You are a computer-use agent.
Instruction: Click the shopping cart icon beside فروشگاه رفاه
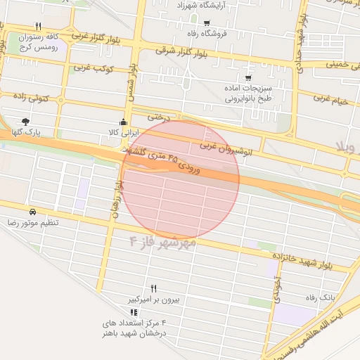coord(206,22)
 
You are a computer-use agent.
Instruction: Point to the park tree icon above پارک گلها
coord(26,122)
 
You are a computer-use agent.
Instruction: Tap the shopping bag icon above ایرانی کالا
coord(124,122)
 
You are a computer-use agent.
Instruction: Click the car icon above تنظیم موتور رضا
coord(33,212)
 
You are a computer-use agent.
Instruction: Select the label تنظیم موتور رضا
coord(33,222)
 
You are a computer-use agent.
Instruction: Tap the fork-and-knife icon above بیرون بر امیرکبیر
coord(154,288)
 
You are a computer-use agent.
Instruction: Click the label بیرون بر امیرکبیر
coord(154,299)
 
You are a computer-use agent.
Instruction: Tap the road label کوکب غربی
coord(91,67)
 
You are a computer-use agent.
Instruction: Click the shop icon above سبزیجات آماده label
coord(248,78)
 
